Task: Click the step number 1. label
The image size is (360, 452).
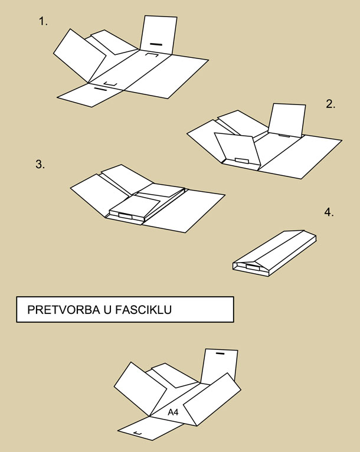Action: pos(43,21)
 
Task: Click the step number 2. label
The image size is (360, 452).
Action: pos(330,104)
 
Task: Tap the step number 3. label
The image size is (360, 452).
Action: pos(40,164)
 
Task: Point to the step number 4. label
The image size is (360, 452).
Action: pos(329,212)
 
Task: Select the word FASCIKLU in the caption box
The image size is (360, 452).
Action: pos(143,310)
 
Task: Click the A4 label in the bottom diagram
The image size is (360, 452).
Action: pos(173,412)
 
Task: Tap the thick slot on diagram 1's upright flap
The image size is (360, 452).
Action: pos(156,44)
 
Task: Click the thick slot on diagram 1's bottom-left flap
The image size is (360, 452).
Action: pos(100,89)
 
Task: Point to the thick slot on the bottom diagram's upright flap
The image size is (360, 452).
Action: pos(220,353)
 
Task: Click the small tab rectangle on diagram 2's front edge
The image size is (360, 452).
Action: pos(241,161)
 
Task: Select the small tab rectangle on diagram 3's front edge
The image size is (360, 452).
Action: pos(125,216)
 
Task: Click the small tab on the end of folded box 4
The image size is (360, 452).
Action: pos(253,267)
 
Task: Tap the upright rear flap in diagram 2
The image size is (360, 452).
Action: pos(287,120)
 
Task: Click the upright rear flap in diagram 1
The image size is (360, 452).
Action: pos(158,35)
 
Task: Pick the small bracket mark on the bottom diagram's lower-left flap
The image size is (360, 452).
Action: pos(138,434)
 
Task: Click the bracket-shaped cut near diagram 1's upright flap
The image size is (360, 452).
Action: pos(151,54)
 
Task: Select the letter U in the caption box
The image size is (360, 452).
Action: pos(106,310)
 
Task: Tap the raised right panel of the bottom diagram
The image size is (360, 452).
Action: pos(212,399)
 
